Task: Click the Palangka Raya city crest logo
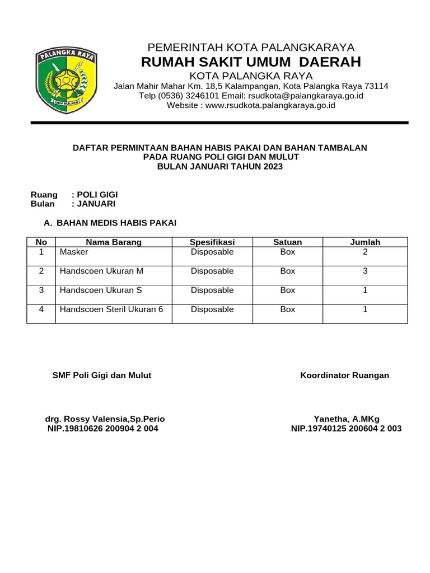tap(67, 80)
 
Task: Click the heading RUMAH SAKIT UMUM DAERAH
tap(251, 62)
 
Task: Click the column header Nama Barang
tap(114, 242)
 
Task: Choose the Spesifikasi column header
tap(212, 242)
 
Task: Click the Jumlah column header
tap(365, 242)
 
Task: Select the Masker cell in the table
tap(74, 252)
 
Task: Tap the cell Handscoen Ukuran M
tap(101, 271)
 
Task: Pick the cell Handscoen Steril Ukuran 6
tap(111, 309)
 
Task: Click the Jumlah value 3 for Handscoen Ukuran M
tap(365, 271)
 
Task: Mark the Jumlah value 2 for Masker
tap(365, 252)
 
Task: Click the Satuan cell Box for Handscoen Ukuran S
tap(287, 290)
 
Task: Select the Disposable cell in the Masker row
tap(212, 252)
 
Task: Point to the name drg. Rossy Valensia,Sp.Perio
tap(105, 419)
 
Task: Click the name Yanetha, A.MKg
tap(347, 419)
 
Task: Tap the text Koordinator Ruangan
tap(344, 375)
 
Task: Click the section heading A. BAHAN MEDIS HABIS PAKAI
tap(110, 223)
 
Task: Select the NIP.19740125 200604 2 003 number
tap(346, 429)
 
